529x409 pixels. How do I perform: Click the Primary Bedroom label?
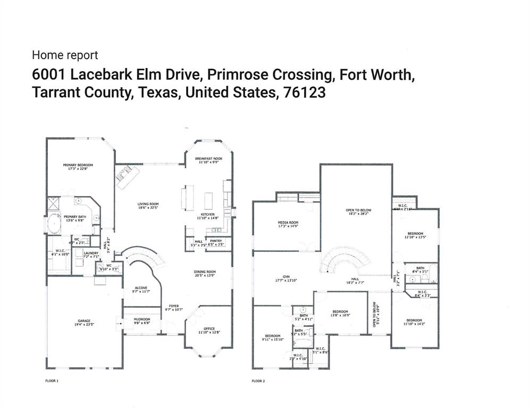click(x=78, y=166)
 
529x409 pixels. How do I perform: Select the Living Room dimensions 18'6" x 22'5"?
click(x=148, y=208)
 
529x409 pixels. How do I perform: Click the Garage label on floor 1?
click(x=84, y=321)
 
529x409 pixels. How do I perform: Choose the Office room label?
click(x=209, y=328)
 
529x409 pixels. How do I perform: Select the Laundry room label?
click(x=91, y=253)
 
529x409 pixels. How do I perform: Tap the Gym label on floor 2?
click(x=286, y=276)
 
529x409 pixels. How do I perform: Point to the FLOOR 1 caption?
click(x=52, y=381)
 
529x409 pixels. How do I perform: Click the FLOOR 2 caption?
click(x=258, y=381)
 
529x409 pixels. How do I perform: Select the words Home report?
click(x=65, y=55)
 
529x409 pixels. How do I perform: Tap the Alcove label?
click(x=141, y=288)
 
